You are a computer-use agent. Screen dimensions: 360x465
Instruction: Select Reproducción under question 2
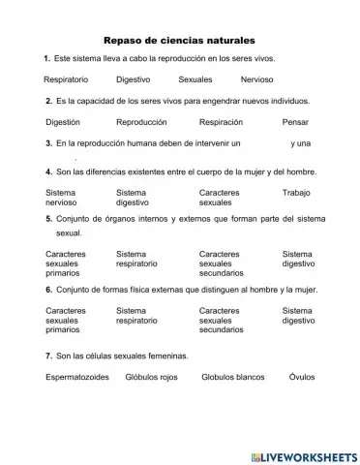point(141,122)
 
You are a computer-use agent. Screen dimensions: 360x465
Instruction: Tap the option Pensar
point(295,122)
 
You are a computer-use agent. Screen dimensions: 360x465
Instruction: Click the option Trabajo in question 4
point(295,193)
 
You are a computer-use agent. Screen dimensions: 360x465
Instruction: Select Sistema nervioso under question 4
point(61,199)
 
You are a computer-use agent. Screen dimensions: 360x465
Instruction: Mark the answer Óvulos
point(302,378)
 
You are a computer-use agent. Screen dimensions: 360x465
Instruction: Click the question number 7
point(47,356)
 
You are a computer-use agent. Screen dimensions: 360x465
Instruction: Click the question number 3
point(48,143)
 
